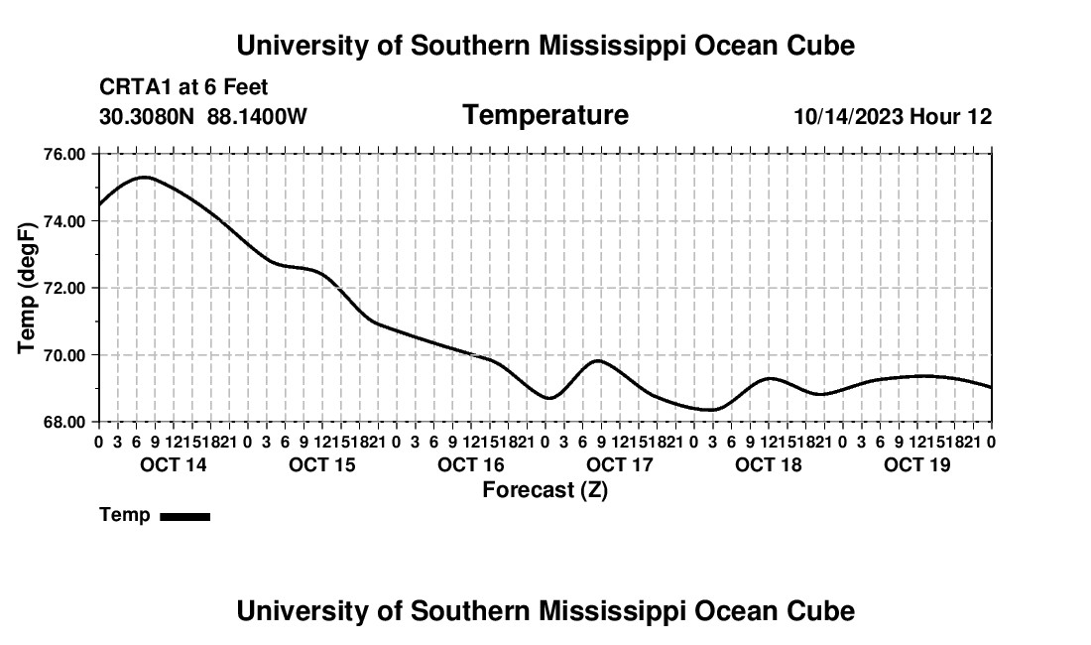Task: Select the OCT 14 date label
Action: pyautogui.click(x=174, y=464)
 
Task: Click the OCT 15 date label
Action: pyautogui.click(x=322, y=464)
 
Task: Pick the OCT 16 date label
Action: pyautogui.click(x=471, y=464)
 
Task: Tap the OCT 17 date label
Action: pyautogui.click(x=620, y=464)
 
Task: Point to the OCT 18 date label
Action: pyautogui.click(x=769, y=464)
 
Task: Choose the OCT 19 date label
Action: pyautogui.click(x=917, y=464)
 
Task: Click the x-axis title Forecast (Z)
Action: pyautogui.click(x=545, y=490)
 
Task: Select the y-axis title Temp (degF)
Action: pyautogui.click(x=27, y=288)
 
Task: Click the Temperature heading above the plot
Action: pyautogui.click(x=545, y=115)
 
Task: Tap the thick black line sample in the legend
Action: pyautogui.click(x=185, y=516)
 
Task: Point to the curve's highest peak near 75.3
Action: pyautogui.click(x=144, y=178)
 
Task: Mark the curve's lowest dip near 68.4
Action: pyautogui.click(x=710, y=410)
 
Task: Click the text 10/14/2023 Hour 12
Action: pyautogui.click(x=894, y=117)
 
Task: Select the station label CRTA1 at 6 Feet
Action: pyautogui.click(x=183, y=87)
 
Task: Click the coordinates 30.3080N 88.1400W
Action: pyautogui.click(x=203, y=117)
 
